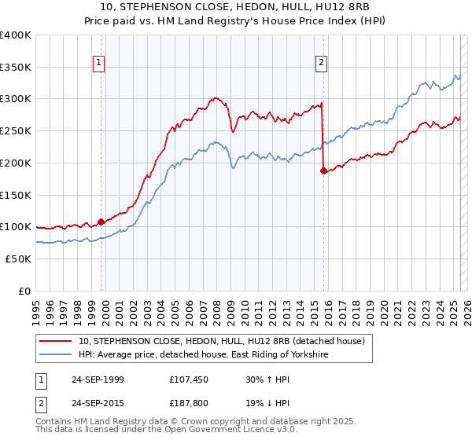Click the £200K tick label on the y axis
15,163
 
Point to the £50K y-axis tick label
18,258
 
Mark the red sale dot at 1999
101,222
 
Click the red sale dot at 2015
323,170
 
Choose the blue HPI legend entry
204,355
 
